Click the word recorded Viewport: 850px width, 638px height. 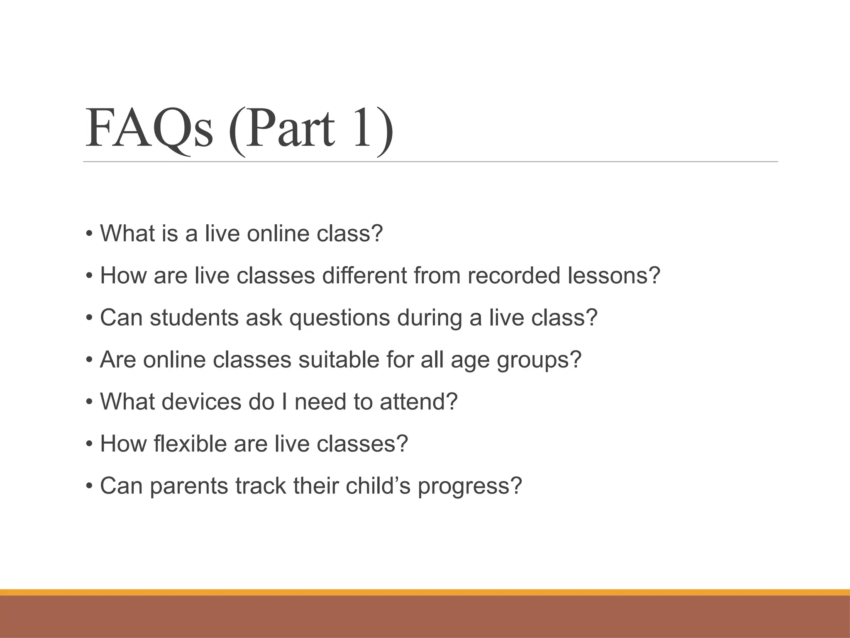(x=514, y=275)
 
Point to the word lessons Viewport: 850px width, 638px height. (x=613, y=275)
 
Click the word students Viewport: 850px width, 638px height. (x=194, y=317)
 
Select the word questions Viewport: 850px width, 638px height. (x=340, y=318)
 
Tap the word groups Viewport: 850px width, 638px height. (x=539, y=360)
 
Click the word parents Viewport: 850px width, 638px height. (x=189, y=486)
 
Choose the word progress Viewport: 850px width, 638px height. (x=469, y=486)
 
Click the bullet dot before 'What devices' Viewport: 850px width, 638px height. (x=89, y=402)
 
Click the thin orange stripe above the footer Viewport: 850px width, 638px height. (x=425, y=592)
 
